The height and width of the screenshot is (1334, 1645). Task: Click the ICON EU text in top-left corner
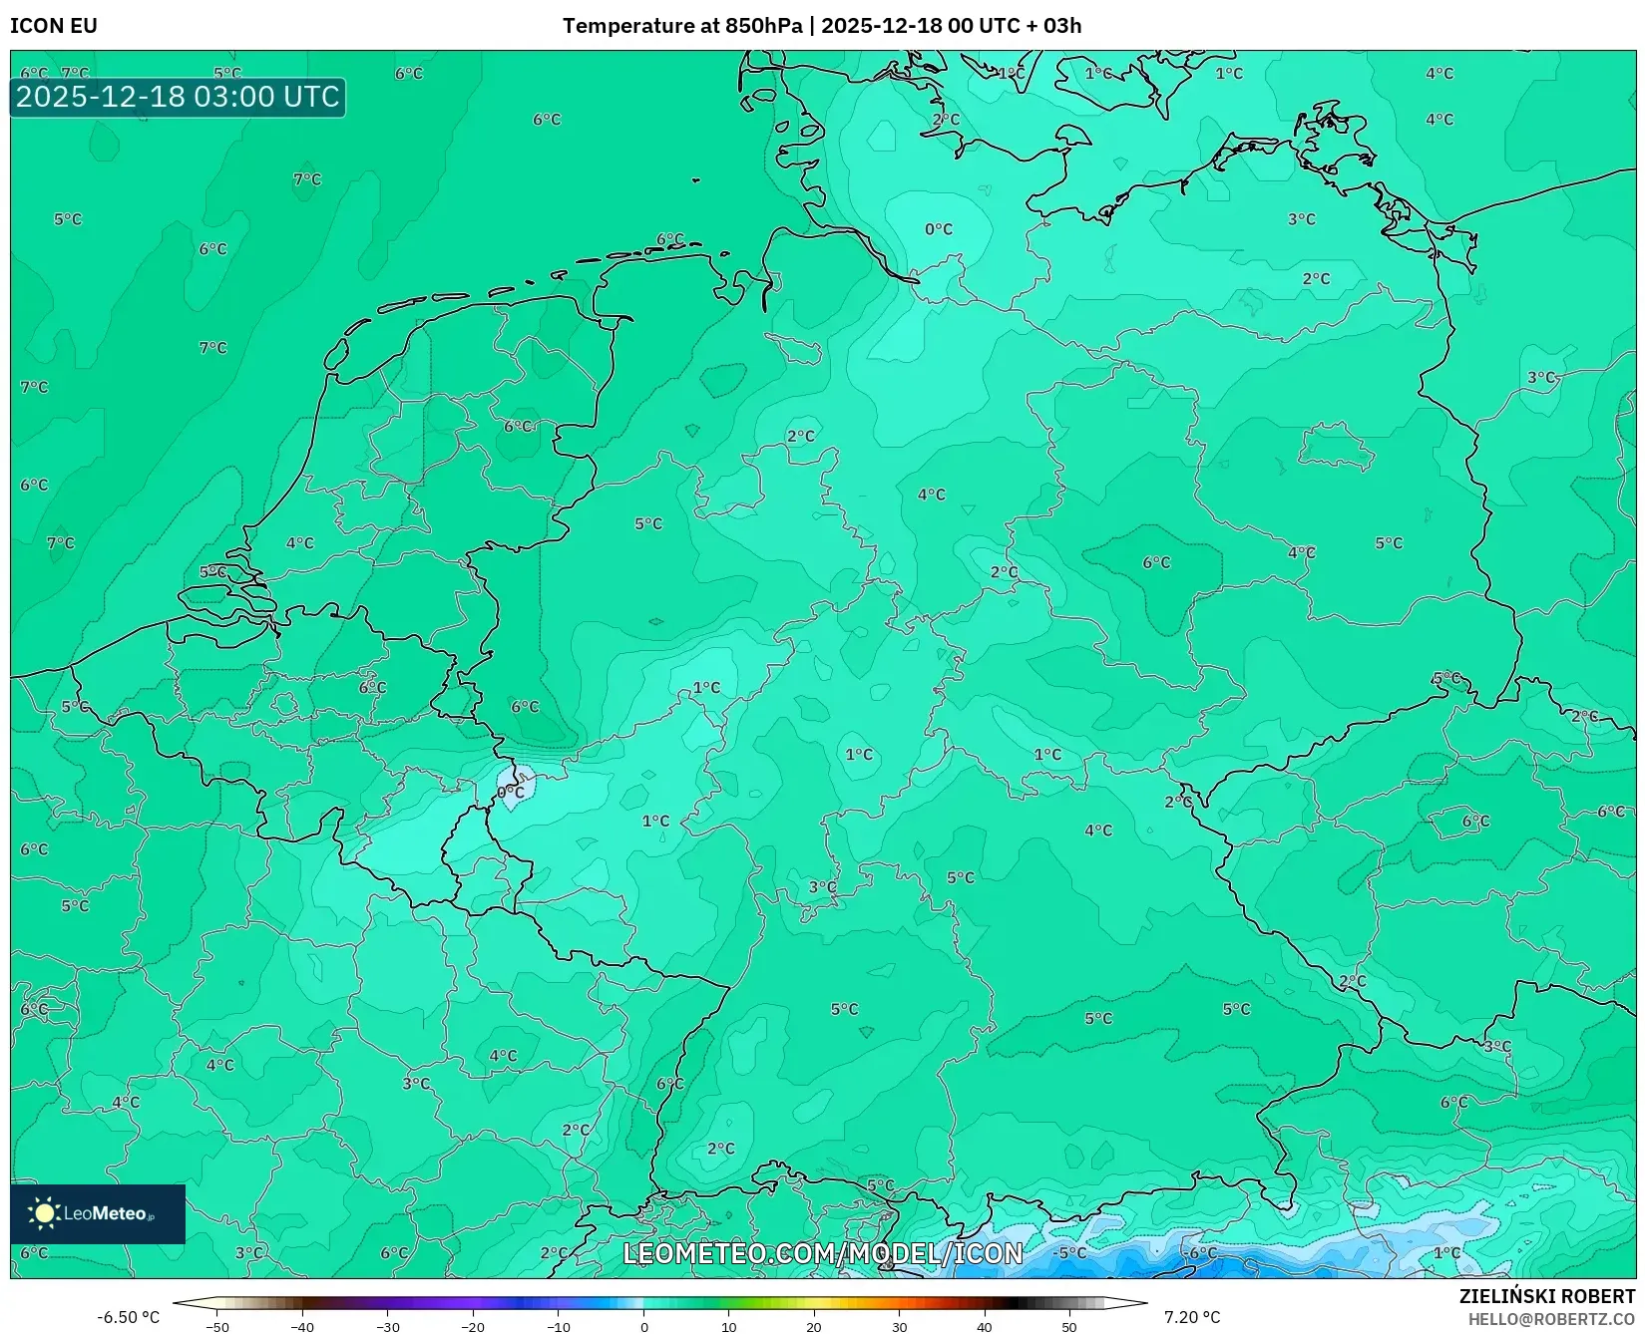54,26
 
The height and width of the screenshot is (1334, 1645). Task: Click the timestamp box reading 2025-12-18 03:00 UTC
178,97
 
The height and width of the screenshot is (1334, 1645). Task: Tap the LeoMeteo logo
98,1213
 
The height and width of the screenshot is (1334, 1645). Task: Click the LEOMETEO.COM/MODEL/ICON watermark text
823,1253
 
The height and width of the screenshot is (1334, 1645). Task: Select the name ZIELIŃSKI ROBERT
1546,1296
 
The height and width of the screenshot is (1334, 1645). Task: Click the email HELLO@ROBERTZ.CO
1550,1319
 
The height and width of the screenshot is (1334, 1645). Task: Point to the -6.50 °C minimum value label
128,1317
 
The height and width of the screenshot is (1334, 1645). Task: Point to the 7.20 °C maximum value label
1191,1317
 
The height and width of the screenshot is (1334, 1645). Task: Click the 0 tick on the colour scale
643,1326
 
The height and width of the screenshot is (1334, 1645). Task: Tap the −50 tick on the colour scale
217,1326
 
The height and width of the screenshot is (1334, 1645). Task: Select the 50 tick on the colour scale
1069,1326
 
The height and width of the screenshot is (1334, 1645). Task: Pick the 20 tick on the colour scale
814,1326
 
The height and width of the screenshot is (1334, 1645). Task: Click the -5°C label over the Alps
1070,1252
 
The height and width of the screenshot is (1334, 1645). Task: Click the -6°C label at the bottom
1201,1252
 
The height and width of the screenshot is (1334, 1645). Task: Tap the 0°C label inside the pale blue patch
511,793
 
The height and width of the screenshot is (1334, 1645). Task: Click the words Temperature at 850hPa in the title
682,26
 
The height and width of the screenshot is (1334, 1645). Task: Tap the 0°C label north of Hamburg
938,229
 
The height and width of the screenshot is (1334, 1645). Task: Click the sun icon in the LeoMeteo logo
44,1213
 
